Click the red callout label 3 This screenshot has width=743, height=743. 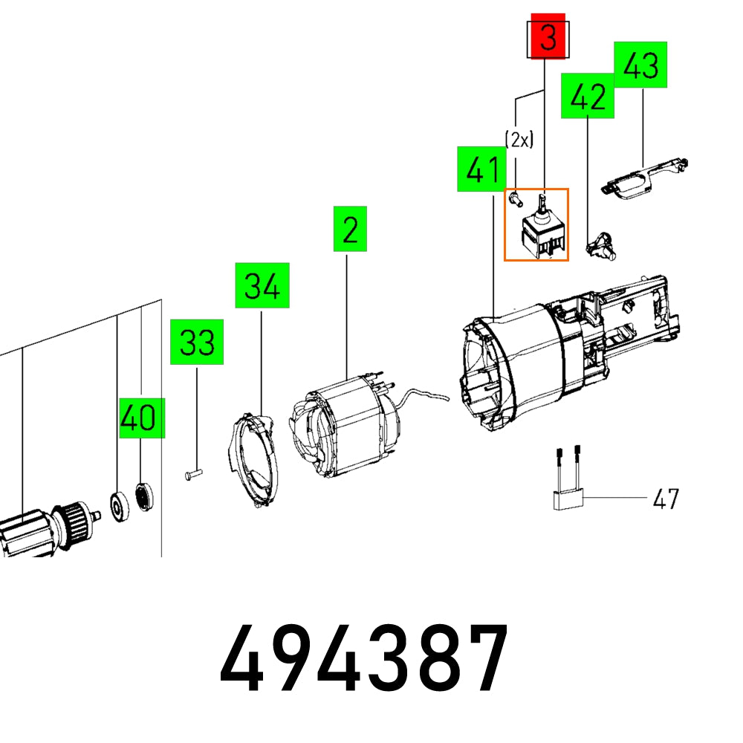(547, 37)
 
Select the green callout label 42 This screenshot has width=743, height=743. (588, 96)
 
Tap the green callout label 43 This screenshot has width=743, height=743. (641, 65)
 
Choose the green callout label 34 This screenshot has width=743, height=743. (262, 285)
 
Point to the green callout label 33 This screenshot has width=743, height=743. (197, 342)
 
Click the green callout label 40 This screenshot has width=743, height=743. (141, 418)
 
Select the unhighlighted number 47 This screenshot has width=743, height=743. (665, 498)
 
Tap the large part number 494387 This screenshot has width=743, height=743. (364, 659)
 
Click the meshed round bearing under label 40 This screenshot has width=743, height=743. (143, 495)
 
